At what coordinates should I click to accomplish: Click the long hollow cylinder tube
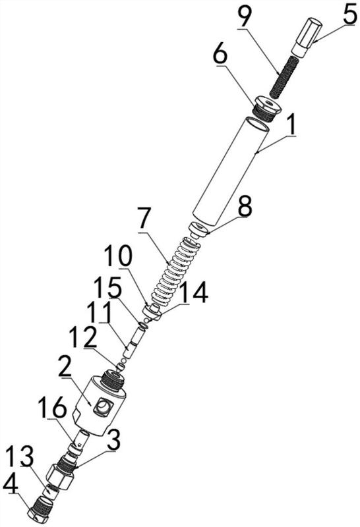231,171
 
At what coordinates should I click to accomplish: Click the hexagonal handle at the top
307,38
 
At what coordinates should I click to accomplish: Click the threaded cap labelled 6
268,109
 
